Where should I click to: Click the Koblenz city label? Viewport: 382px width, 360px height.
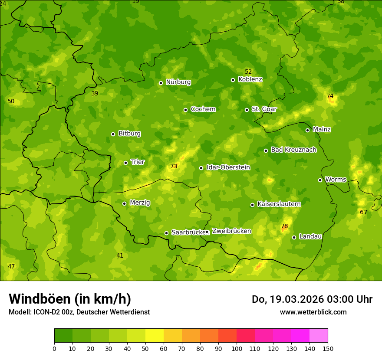[x=250, y=79]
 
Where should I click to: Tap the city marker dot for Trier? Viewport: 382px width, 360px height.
[x=125, y=163]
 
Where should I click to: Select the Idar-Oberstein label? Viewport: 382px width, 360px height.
[x=228, y=167]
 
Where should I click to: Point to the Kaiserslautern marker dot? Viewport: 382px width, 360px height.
[x=252, y=205]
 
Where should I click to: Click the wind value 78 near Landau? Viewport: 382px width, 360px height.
[x=284, y=226]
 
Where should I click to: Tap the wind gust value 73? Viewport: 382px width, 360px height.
[x=174, y=166]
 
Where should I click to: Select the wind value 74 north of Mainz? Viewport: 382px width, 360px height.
[x=330, y=96]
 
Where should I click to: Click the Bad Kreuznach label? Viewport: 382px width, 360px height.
[x=293, y=150]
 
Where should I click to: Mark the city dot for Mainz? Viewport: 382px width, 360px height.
[x=307, y=130]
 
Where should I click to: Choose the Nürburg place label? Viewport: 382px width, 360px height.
[x=178, y=82]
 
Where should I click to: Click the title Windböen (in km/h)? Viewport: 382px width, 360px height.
[x=70, y=299]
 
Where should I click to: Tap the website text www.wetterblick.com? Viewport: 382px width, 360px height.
[x=313, y=312]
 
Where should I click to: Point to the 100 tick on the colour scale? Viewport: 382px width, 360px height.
[x=237, y=348]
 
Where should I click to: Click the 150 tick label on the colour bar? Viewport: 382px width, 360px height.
[x=328, y=348]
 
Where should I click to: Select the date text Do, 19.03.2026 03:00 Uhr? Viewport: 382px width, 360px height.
[x=312, y=299]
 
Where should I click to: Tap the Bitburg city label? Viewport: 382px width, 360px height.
[x=129, y=134]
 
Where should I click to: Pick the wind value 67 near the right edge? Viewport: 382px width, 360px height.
[x=363, y=212]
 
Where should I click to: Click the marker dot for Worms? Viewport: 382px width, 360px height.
[x=320, y=180]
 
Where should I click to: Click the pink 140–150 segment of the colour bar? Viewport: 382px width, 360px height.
[x=319, y=336]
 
